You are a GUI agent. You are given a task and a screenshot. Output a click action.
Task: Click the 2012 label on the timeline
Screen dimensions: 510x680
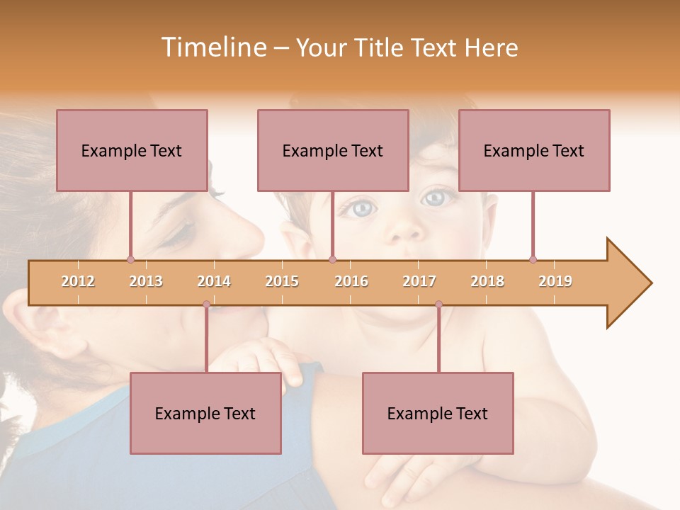point(78,281)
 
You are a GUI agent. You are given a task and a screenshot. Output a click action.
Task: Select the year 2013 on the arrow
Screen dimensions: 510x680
point(146,281)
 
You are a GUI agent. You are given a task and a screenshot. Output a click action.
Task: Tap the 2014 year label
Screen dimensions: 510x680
point(214,281)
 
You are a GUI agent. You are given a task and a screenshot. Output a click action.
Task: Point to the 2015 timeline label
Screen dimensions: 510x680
point(282,281)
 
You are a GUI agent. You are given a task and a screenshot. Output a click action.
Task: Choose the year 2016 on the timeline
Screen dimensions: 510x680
point(351,281)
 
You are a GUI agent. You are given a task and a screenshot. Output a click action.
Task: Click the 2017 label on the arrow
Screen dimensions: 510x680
point(419,281)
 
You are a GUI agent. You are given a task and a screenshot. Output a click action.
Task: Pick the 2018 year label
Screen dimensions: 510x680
point(487,281)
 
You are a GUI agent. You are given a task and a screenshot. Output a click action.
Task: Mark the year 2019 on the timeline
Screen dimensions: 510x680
point(555,281)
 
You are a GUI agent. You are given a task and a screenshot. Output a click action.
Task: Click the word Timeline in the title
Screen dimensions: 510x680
point(212,47)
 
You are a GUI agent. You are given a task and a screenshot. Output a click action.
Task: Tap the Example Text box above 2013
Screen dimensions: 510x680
point(132,150)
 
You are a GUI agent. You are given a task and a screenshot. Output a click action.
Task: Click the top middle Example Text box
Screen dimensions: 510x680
point(333,150)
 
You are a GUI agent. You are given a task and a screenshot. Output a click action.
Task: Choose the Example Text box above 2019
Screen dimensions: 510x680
point(534,150)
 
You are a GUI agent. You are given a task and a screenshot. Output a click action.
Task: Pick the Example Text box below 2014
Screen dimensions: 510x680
point(205,413)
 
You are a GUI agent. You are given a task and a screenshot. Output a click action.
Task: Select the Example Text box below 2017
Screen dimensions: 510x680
point(438,413)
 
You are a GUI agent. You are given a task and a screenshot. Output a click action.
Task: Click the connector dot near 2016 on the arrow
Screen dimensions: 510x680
point(333,259)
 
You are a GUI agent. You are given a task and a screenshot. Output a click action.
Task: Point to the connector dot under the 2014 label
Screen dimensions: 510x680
point(206,305)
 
